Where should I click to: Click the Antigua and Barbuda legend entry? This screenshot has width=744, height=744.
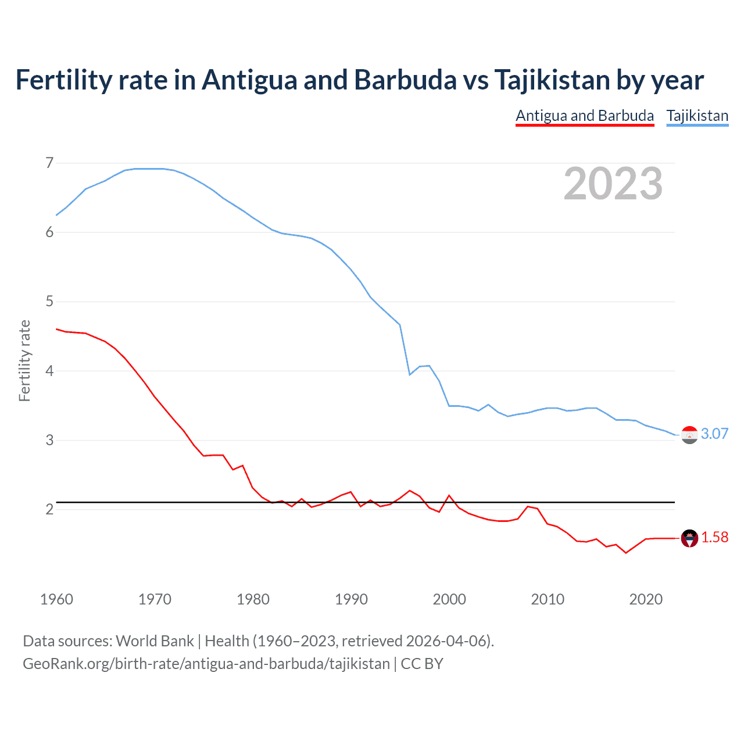pos(585,116)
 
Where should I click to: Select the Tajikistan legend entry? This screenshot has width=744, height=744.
pos(697,116)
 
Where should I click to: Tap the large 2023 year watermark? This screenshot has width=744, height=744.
pos(613,184)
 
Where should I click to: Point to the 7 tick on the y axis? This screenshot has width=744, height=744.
pos(49,163)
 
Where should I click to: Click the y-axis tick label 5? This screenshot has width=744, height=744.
pos(49,301)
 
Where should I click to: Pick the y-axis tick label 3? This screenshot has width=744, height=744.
pos(49,440)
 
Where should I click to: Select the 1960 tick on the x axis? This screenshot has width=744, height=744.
pos(56,599)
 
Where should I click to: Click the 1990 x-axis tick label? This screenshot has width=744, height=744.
pos(351,599)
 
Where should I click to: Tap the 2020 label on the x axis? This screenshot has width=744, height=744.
pos(646,599)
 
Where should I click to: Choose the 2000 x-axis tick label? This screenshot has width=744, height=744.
pos(449,599)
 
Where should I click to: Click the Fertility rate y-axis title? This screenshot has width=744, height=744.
pos(24,360)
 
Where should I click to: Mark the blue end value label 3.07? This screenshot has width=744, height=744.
pos(714,434)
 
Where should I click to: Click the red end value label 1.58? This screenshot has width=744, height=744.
pos(714,538)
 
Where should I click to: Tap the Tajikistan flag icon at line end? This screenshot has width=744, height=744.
pos(689,435)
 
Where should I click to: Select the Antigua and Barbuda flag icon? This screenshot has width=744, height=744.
pos(689,539)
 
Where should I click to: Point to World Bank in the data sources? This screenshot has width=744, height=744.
pos(155,641)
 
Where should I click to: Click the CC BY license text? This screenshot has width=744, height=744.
pos(422,664)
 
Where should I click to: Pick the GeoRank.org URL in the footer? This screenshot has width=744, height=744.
pos(206,664)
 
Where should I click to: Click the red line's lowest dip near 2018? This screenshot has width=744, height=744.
pos(626,552)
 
